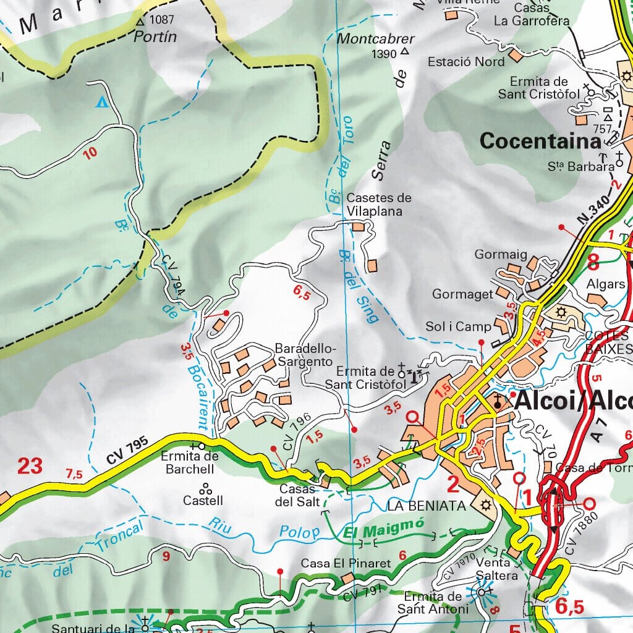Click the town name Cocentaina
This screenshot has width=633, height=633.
(x=540, y=141)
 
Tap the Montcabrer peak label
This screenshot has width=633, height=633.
(x=376, y=39)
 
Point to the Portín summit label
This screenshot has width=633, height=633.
(x=155, y=36)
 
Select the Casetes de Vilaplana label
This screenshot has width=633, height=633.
(x=378, y=205)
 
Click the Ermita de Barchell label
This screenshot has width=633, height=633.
(x=189, y=462)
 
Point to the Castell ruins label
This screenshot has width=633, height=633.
(x=203, y=499)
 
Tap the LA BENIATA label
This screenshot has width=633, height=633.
(x=426, y=506)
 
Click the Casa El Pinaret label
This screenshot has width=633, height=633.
(x=346, y=564)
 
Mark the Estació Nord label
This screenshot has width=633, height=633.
(x=466, y=62)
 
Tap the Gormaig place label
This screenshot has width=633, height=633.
(x=492, y=254)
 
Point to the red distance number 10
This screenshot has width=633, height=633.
(x=90, y=153)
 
